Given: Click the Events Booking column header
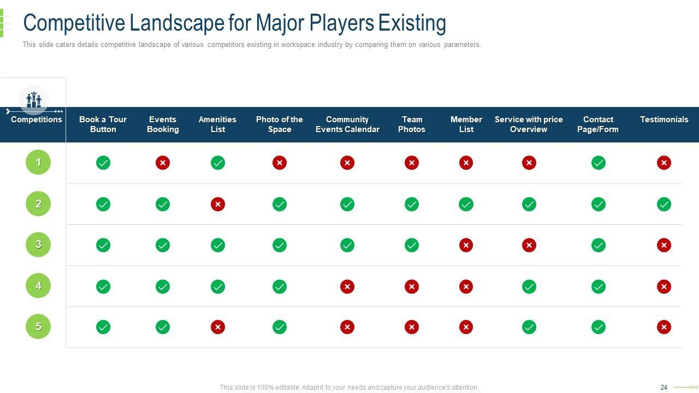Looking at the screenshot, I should click(163, 124).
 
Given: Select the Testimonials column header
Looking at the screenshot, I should click(664, 120).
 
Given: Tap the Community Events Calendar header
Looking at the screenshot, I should click(347, 124).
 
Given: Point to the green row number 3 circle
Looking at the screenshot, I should click(38, 245).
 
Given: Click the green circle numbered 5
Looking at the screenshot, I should click(38, 326).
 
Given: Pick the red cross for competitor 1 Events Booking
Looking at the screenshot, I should click(163, 163).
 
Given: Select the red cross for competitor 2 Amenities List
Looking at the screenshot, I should click(218, 204).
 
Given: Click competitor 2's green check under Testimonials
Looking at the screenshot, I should click(664, 204).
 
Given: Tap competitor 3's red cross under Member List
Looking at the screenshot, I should click(466, 245).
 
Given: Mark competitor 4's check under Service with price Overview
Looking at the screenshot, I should click(529, 287).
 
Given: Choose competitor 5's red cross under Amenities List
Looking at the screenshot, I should click(218, 327).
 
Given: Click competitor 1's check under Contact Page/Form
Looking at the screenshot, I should click(599, 163).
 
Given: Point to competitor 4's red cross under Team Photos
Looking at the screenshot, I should click(412, 287).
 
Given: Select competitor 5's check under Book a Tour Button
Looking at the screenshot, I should click(103, 327).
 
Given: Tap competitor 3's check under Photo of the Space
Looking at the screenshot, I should click(280, 245).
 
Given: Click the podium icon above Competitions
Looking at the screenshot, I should click(34, 99).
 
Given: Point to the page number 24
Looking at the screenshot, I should click(664, 388).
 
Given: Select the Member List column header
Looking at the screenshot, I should click(466, 124).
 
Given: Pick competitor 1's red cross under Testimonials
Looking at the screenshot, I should click(664, 163).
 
